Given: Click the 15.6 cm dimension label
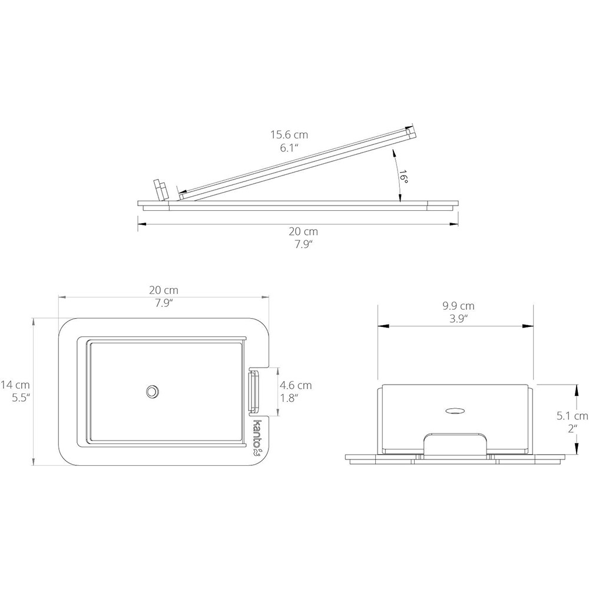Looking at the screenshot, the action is pyautogui.click(x=289, y=134).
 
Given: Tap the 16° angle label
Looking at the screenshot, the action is pyautogui.click(x=403, y=176).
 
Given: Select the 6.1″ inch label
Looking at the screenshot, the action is pyautogui.click(x=289, y=148).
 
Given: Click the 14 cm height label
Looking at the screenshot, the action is pyautogui.click(x=15, y=385).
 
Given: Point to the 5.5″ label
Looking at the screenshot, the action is pyautogui.click(x=21, y=398).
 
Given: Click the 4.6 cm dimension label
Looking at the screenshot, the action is pyautogui.click(x=296, y=385).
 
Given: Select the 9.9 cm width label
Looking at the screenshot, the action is pyautogui.click(x=458, y=306).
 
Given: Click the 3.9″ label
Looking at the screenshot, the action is pyautogui.click(x=458, y=319).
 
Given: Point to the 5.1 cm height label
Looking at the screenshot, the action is pyautogui.click(x=573, y=415).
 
